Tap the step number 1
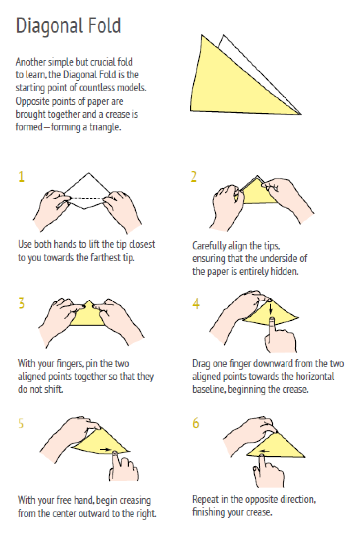[x=22, y=176]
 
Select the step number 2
[x=193, y=176]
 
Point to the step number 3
[x=22, y=303]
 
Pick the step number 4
[x=196, y=304]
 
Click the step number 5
[x=21, y=423]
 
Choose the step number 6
[x=196, y=423]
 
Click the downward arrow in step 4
[x=271, y=308]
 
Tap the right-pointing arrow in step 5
[x=106, y=450]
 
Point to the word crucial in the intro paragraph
[x=105, y=62]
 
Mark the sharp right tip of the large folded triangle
[x=301, y=115]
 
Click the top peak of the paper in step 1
[x=88, y=173]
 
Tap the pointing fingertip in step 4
[x=272, y=320]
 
